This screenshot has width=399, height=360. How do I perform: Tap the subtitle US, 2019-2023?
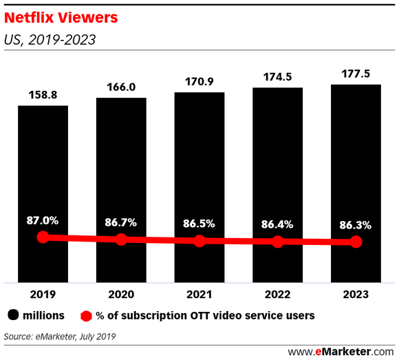(x=50, y=39)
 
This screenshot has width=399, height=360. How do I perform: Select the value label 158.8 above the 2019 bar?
(x=43, y=94)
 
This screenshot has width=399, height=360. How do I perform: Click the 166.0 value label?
(x=121, y=86)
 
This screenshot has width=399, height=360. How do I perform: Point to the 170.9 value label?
(x=199, y=81)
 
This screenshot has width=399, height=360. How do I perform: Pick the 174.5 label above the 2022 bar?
(x=277, y=76)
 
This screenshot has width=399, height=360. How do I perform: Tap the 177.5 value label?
(x=356, y=72)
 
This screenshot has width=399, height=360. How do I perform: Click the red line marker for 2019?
(x=43, y=237)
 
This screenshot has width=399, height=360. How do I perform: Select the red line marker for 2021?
(x=199, y=241)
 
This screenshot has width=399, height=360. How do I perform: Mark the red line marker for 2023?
(x=356, y=242)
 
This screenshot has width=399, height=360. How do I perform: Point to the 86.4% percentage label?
(x=277, y=224)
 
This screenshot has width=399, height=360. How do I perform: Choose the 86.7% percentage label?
(x=121, y=223)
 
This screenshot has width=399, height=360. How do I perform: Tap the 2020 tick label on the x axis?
(x=121, y=294)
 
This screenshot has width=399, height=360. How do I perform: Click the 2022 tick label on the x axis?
(x=277, y=294)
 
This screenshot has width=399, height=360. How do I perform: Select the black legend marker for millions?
(x=13, y=315)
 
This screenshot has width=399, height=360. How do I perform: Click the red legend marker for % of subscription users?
(x=86, y=315)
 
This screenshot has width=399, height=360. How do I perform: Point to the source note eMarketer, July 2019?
(x=59, y=337)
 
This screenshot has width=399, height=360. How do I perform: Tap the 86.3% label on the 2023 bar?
(x=356, y=224)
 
